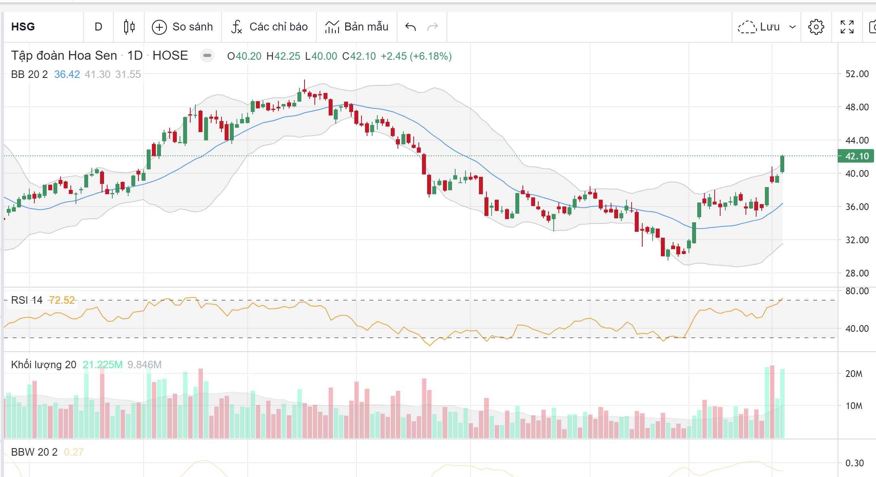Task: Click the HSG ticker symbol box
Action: (x=23, y=27)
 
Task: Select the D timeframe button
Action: (x=98, y=27)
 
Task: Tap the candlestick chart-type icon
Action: (x=129, y=27)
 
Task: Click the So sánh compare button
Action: (x=183, y=27)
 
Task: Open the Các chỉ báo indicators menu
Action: (x=269, y=27)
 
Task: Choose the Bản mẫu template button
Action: (x=357, y=27)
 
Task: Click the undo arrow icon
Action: (x=411, y=27)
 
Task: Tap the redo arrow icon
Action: (x=433, y=27)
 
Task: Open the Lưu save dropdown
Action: (x=766, y=27)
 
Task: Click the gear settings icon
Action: (x=816, y=27)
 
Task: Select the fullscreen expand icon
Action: (x=847, y=27)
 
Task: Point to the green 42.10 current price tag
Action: (x=856, y=156)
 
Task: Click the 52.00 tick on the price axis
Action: (x=857, y=74)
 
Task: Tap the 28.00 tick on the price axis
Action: (x=857, y=273)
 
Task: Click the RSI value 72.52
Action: (x=62, y=300)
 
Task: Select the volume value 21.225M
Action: (x=102, y=365)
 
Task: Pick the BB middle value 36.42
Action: (x=67, y=74)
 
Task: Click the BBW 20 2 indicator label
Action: (x=34, y=452)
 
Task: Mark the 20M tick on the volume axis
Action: (x=853, y=374)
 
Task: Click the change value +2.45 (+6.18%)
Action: (x=416, y=56)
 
